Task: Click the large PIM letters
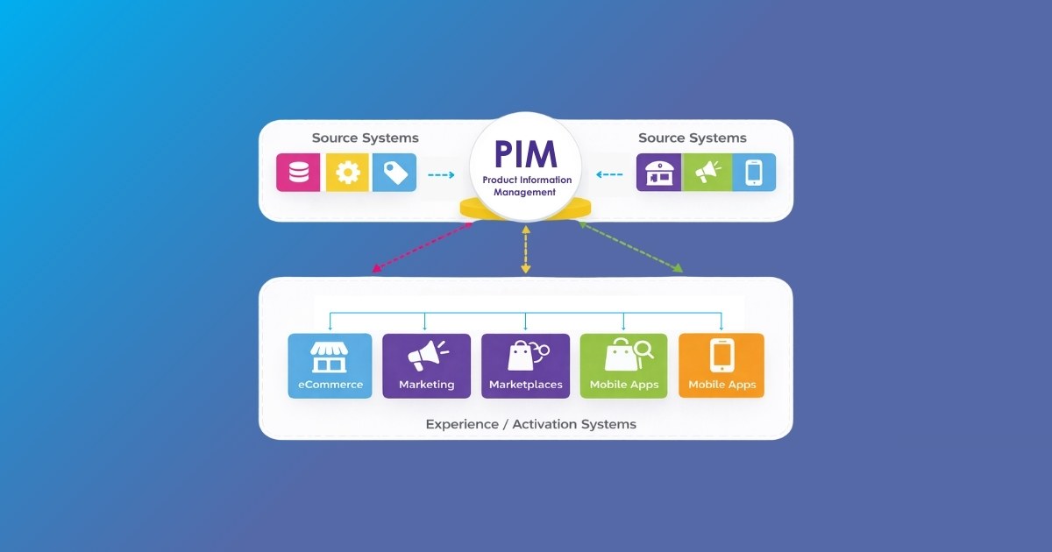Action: pyautogui.click(x=526, y=154)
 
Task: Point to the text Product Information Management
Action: pyautogui.click(x=526, y=186)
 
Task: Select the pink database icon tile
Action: pyautogui.click(x=298, y=173)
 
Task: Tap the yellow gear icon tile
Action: pyautogui.click(x=347, y=173)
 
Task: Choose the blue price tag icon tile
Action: pyautogui.click(x=394, y=173)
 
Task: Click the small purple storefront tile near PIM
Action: pyautogui.click(x=658, y=173)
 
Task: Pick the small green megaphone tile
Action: pyautogui.click(x=706, y=173)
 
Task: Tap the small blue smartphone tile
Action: pyautogui.click(x=754, y=173)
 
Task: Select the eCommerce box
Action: pyautogui.click(x=331, y=365)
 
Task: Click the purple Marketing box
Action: pyautogui.click(x=426, y=365)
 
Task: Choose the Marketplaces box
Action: pyautogui.click(x=525, y=365)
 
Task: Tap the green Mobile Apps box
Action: pyautogui.click(x=623, y=365)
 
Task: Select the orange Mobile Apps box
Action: pyautogui.click(x=721, y=365)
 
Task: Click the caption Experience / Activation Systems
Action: pyautogui.click(x=530, y=424)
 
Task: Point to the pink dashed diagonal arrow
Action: pyautogui.click(x=422, y=246)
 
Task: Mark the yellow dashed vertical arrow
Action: pyautogui.click(x=526, y=249)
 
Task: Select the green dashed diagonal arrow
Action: pyautogui.click(x=630, y=246)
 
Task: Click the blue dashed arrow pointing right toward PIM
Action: pyautogui.click(x=441, y=174)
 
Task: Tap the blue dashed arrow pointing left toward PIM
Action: pyautogui.click(x=610, y=174)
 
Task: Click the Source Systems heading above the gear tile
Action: pyautogui.click(x=365, y=138)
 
